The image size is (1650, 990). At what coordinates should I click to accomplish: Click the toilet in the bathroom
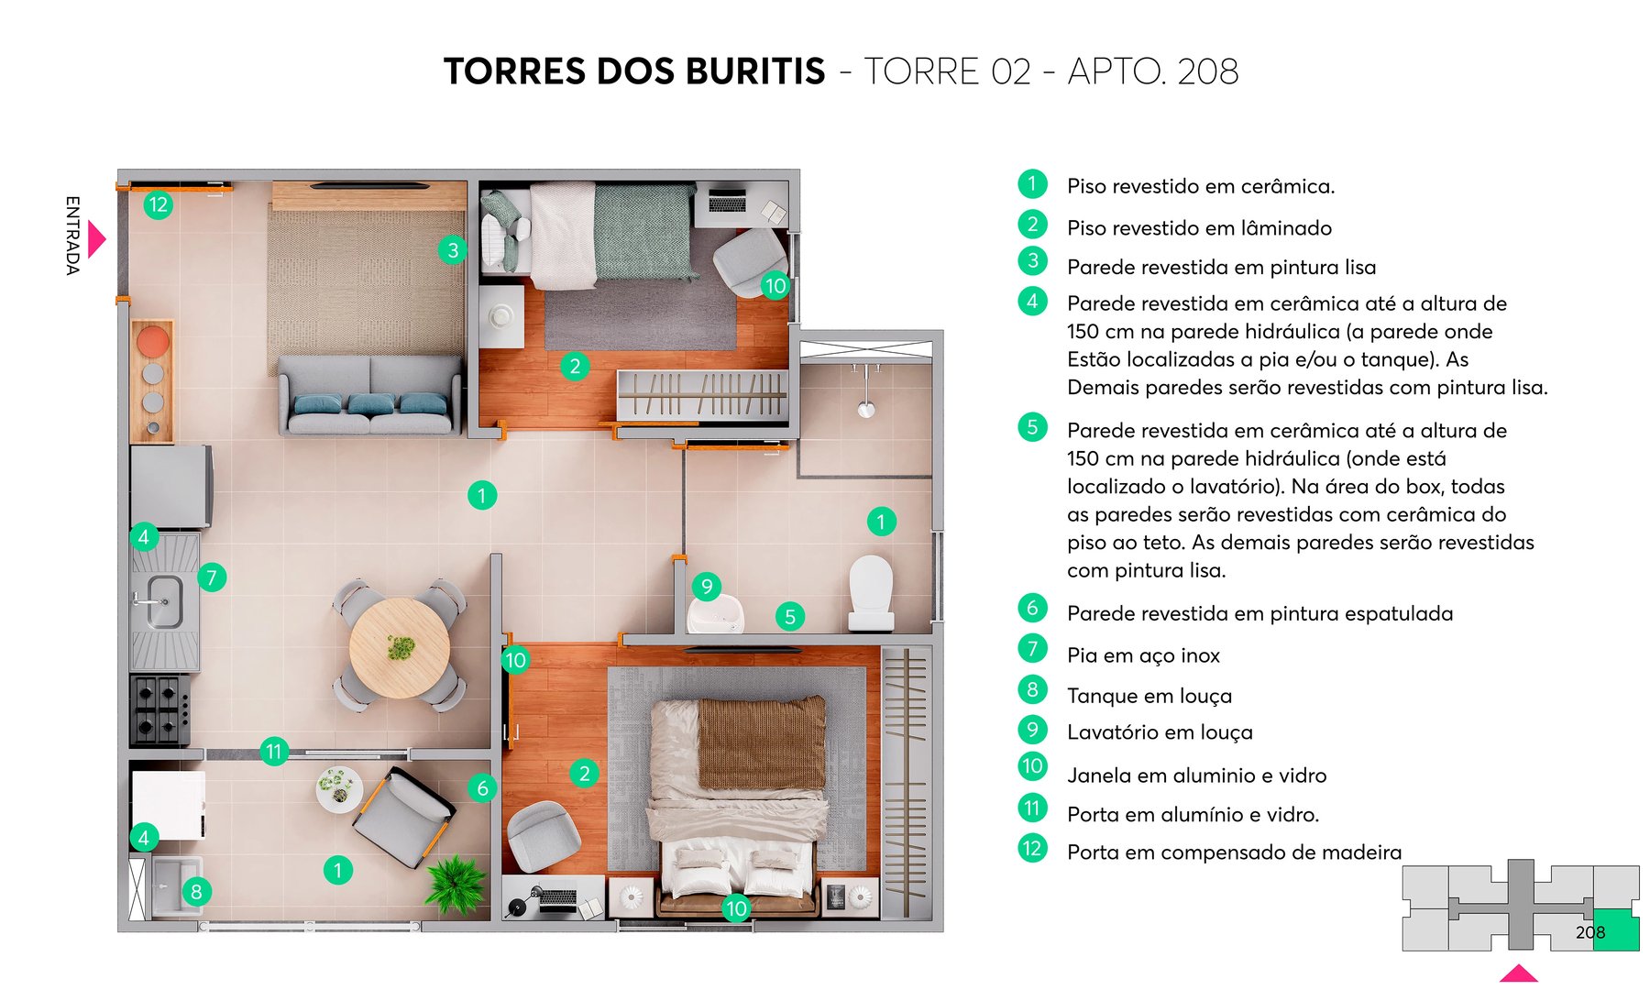point(871,591)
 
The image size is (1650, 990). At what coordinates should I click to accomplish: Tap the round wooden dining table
point(400,647)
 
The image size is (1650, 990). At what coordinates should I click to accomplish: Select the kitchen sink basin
point(164,601)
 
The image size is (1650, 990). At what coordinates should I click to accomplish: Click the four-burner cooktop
point(159,709)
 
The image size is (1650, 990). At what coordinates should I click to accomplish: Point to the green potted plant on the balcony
point(456,882)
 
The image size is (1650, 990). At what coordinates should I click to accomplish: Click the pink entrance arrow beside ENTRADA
point(96,239)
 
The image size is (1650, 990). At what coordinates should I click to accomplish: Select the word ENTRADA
point(72,235)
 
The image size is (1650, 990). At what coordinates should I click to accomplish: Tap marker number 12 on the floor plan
point(158,204)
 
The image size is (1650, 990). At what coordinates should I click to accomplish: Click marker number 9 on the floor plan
point(706,587)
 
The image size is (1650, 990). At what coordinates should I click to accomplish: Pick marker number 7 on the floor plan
point(212,577)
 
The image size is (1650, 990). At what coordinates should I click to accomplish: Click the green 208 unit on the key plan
point(1615,930)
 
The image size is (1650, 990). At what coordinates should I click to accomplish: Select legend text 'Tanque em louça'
point(1149,696)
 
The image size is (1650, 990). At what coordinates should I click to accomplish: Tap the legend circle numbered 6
point(1032,608)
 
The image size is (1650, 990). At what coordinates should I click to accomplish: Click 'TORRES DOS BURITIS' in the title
point(634,71)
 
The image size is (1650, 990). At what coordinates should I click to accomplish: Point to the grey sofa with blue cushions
point(370,394)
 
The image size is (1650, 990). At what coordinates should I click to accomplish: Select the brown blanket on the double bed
point(761,742)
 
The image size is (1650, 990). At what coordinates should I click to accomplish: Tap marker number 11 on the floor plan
point(273,752)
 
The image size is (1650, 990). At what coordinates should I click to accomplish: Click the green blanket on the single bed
point(643,229)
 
